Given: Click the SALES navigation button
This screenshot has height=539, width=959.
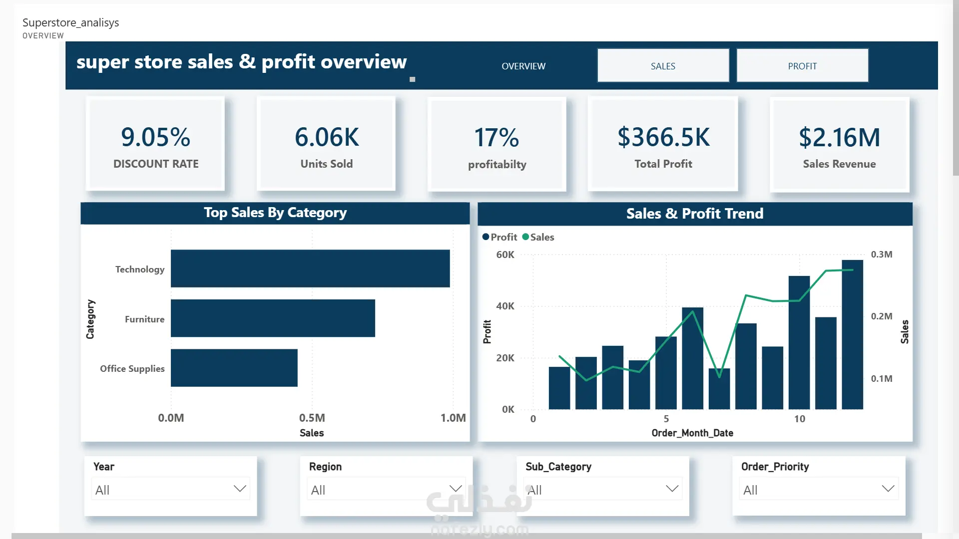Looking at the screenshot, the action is click(663, 65).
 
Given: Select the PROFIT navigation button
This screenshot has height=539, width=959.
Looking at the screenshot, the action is click(802, 65).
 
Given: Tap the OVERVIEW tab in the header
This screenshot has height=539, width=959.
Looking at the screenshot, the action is click(523, 66).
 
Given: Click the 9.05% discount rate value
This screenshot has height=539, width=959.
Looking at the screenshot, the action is click(155, 137).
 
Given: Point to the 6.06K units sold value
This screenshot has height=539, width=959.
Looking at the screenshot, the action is click(327, 137).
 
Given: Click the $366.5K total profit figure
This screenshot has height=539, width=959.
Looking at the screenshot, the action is click(663, 137).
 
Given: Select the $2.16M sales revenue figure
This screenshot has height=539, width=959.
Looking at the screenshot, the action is click(839, 137).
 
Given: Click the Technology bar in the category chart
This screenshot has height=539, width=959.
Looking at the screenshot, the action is click(310, 269).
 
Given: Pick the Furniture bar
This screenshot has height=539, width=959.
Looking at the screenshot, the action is click(273, 318).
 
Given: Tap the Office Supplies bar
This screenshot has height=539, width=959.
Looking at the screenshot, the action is click(234, 368).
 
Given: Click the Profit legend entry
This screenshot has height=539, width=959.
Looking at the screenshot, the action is click(499, 237).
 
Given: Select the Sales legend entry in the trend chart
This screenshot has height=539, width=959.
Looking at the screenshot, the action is click(538, 237).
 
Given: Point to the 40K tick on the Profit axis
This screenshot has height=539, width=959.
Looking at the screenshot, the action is click(505, 306).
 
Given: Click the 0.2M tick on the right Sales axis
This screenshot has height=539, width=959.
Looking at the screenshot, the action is click(882, 316).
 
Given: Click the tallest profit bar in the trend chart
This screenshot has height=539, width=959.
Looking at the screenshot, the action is click(852, 334).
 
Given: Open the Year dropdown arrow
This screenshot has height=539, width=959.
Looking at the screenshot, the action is click(240, 489).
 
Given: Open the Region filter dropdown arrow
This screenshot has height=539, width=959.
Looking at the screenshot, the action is click(456, 489).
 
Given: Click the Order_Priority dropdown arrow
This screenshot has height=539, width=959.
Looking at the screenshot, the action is click(888, 489).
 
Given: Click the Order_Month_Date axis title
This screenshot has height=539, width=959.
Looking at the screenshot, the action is click(692, 433).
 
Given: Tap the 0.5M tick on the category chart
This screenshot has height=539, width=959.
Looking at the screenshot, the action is click(312, 418).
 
